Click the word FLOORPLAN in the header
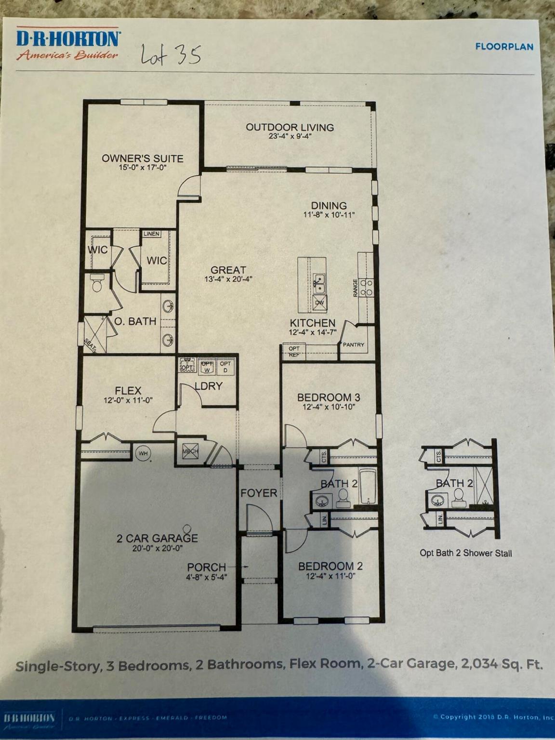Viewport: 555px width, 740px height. (x=504, y=47)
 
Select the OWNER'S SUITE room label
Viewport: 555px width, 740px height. (x=142, y=159)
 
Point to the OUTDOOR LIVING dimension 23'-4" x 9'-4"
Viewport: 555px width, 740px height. (x=290, y=136)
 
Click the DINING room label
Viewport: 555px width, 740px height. (x=329, y=206)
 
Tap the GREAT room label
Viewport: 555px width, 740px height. (x=228, y=270)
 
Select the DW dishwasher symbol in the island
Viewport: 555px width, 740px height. (x=319, y=303)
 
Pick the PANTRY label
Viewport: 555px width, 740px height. (x=354, y=344)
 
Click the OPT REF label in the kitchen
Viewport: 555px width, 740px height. (x=294, y=352)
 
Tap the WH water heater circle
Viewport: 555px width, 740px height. (x=143, y=453)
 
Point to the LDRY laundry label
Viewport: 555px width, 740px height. (x=208, y=386)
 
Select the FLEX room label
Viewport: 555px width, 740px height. (x=128, y=391)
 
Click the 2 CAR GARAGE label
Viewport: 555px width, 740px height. (x=157, y=538)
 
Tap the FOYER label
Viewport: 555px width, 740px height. (x=259, y=493)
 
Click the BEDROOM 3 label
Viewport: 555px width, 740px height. (x=329, y=397)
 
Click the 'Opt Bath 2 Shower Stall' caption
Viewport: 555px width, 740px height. (x=465, y=553)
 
